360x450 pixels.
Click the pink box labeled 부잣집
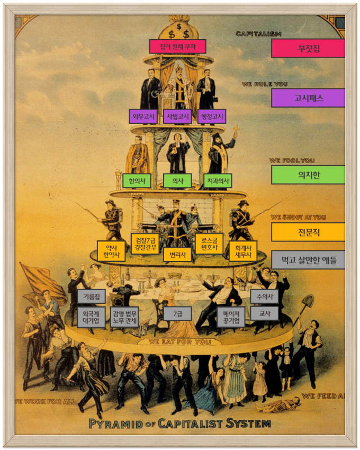pyautogui.click(x=308, y=49)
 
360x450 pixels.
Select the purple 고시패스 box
pyautogui.click(x=308, y=98)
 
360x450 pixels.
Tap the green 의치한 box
pyautogui.click(x=308, y=175)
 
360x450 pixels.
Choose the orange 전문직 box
pyautogui.click(x=308, y=232)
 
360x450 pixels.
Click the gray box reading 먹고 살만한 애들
pyautogui.click(x=308, y=260)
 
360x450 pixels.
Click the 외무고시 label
pyautogui.click(x=143, y=116)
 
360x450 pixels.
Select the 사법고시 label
pyautogui.click(x=177, y=116)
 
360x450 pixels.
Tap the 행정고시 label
pyautogui.click(x=212, y=116)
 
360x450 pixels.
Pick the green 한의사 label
pyautogui.click(x=137, y=181)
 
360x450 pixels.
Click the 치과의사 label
pyautogui.click(x=218, y=181)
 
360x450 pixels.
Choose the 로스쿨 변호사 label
pyautogui.click(x=209, y=244)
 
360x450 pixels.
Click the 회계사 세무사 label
pyautogui.click(x=243, y=251)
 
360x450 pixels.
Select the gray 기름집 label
pyautogui.click(x=91, y=296)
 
